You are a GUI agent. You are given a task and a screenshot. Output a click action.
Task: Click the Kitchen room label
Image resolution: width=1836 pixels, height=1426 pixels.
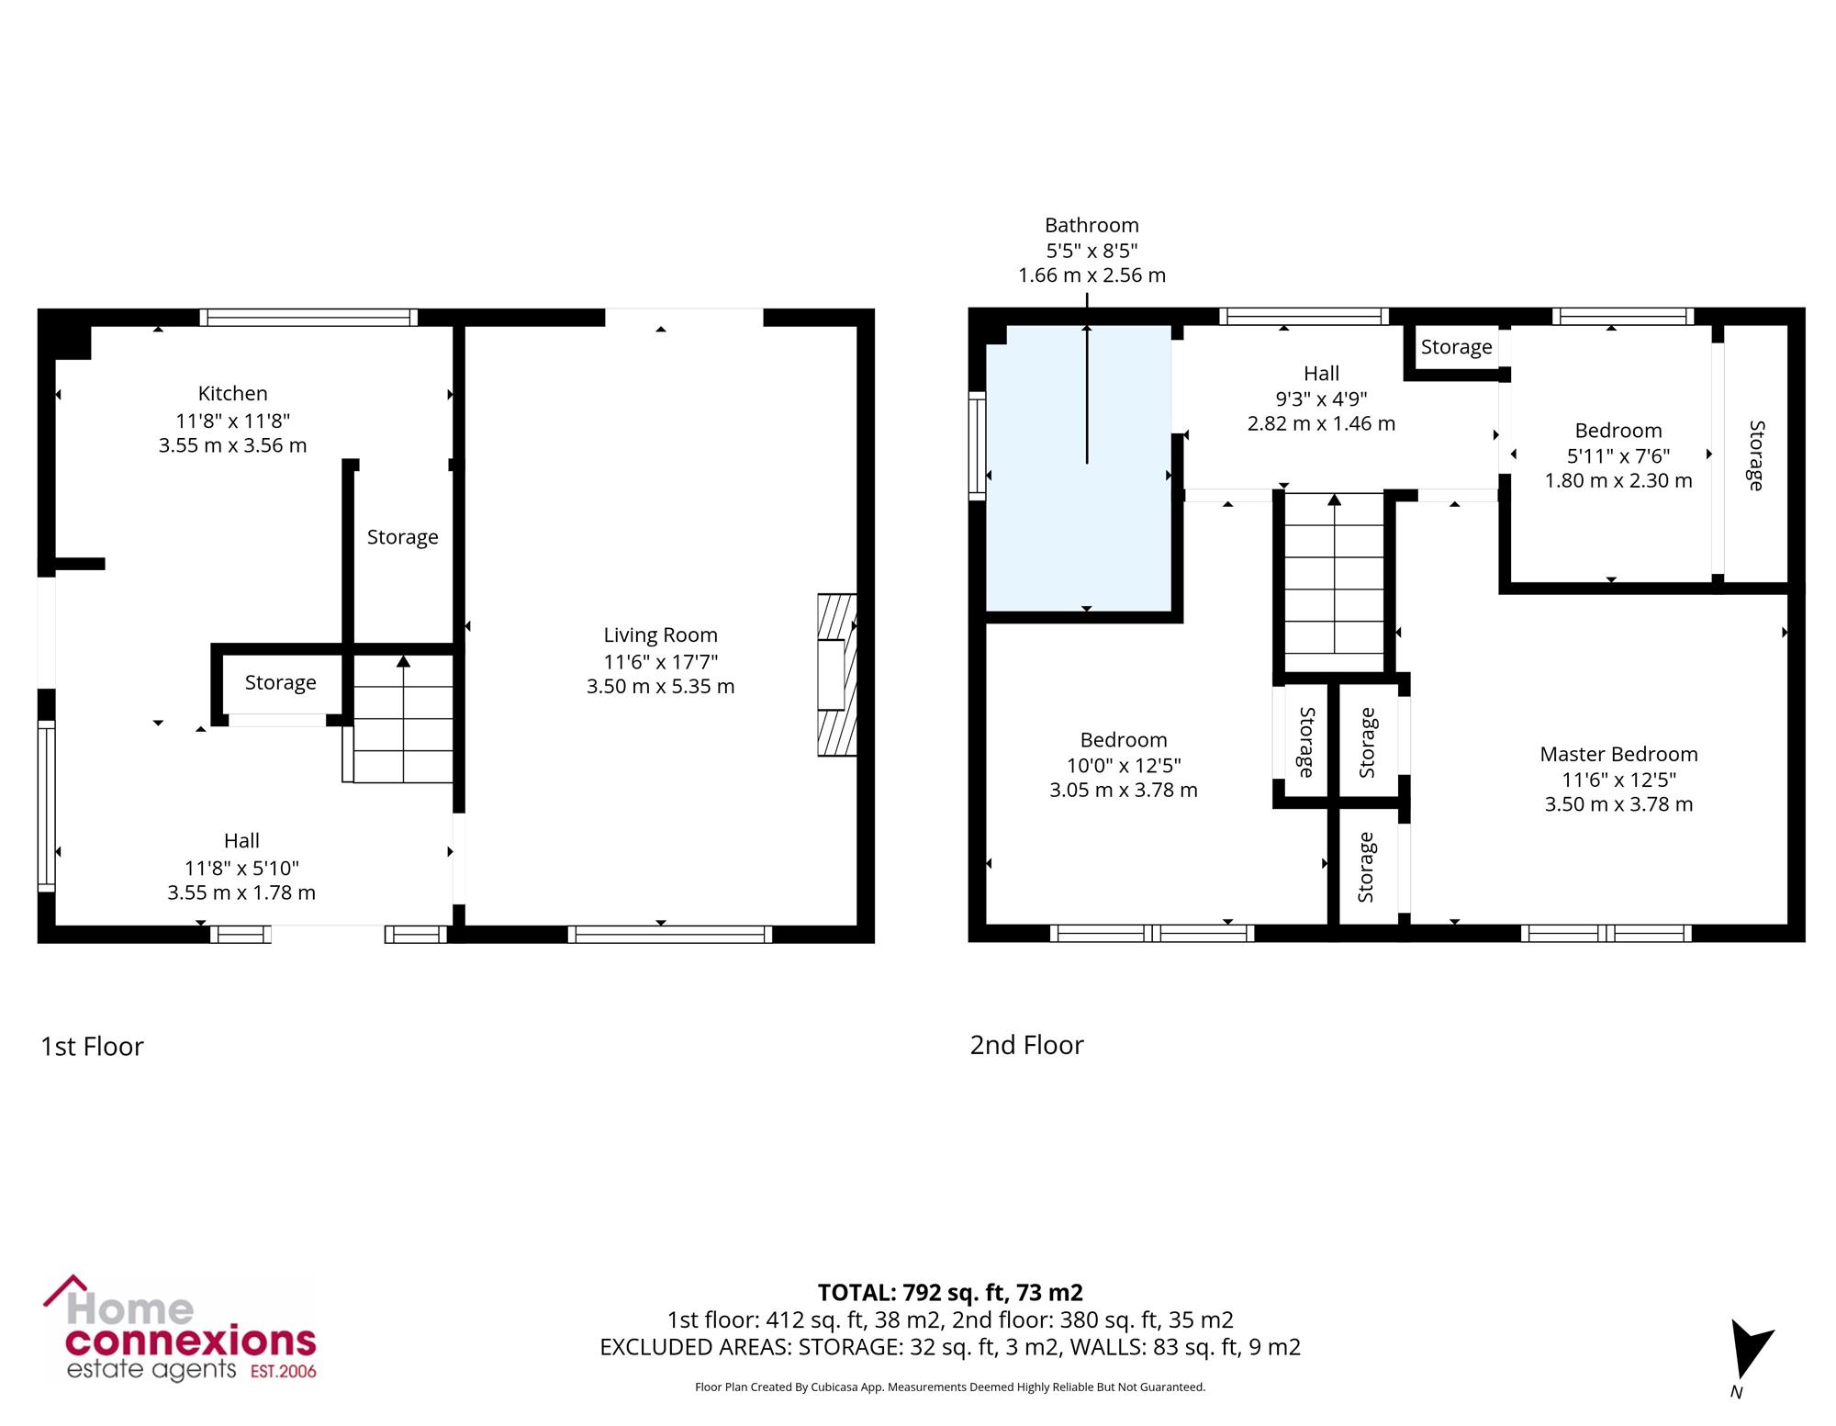(x=233, y=393)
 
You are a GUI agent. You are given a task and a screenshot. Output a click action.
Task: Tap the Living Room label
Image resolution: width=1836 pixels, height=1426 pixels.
(x=660, y=634)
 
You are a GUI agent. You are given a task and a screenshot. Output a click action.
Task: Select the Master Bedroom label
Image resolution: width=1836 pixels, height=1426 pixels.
(x=1618, y=754)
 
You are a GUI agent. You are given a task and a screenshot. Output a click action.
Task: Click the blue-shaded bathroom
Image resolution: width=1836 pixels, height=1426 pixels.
(x=1079, y=467)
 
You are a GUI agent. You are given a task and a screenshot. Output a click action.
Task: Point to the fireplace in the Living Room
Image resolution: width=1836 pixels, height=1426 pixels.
(x=836, y=675)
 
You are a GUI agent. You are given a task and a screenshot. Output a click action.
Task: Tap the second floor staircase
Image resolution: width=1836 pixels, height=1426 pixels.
(x=1334, y=583)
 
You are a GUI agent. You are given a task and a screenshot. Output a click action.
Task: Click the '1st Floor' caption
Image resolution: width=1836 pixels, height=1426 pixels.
(x=92, y=1046)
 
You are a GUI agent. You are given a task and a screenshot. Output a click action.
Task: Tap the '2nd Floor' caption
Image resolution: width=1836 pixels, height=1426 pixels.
(x=1026, y=1045)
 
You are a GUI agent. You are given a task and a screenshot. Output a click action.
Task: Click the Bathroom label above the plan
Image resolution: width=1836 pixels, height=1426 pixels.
(x=1092, y=225)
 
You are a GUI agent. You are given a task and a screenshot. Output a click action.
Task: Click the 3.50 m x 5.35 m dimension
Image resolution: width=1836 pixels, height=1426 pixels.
(x=660, y=686)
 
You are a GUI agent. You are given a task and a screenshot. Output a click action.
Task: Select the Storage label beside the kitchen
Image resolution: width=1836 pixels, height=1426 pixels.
(x=402, y=537)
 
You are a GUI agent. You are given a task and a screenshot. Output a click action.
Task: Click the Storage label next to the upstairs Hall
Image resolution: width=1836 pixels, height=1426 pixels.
(x=1456, y=347)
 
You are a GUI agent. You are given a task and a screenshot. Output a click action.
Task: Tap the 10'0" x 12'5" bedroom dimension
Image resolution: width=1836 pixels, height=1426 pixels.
(x=1124, y=765)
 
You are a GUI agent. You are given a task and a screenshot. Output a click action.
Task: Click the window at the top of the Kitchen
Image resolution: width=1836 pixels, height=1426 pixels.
(x=308, y=318)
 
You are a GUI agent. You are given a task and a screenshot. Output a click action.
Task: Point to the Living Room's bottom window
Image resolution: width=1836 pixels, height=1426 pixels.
(x=670, y=934)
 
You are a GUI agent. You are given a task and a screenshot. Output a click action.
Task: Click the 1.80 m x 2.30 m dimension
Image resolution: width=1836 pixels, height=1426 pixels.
(x=1618, y=480)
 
